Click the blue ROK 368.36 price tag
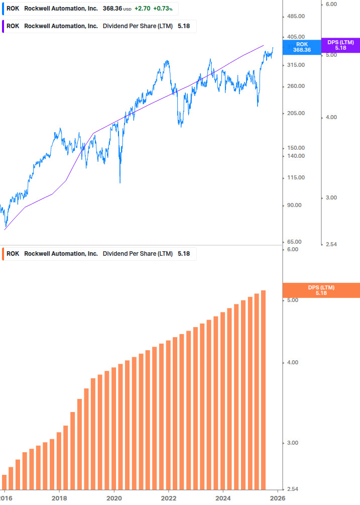click(x=302, y=47)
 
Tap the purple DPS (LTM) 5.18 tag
click(x=340, y=45)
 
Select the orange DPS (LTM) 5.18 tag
click(x=321, y=290)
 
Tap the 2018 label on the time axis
click(x=59, y=498)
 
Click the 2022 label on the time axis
click(x=169, y=498)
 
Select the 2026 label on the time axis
click(x=278, y=498)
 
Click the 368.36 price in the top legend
click(x=112, y=9)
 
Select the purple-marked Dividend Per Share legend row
click(x=100, y=26)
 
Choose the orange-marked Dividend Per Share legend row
click(x=100, y=254)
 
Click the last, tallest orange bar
click(x=263, y=389)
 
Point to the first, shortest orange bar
click(x=5, y=482)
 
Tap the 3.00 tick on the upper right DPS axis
click(x=331, y=198)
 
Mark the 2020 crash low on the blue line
click(x=120, y=182)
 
